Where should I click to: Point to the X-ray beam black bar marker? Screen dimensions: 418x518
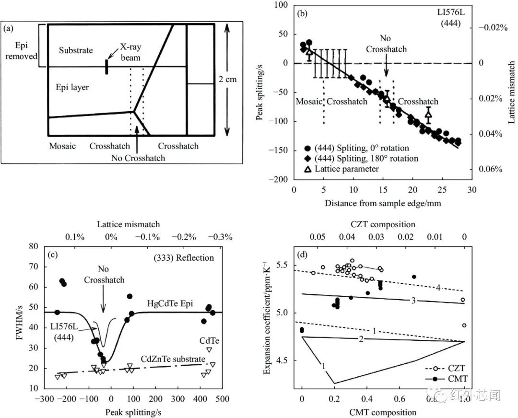106,67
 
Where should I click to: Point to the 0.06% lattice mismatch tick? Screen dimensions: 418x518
489,169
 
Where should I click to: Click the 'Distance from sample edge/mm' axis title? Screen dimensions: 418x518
383,203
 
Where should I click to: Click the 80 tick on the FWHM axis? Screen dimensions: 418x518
34,247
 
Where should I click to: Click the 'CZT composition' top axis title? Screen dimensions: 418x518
383,224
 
